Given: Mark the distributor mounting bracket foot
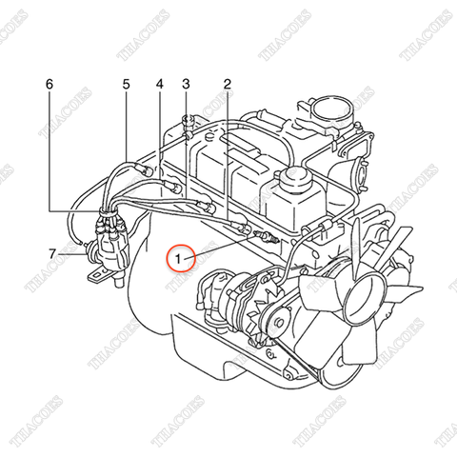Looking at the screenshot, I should [98, 277].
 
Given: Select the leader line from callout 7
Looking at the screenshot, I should [70, 253].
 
